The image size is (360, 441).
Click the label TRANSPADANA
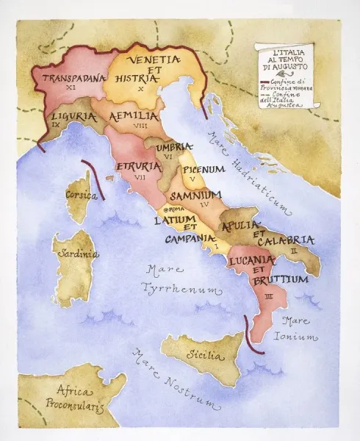[73, 77]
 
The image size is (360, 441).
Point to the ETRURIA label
[140, 167]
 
